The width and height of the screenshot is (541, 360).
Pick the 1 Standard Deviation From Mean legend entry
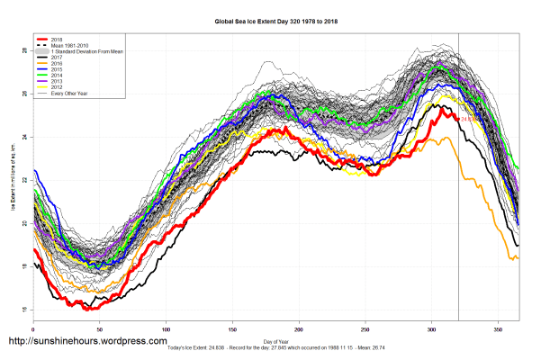coord(82,52)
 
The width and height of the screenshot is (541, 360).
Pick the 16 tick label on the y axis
coord(23,310)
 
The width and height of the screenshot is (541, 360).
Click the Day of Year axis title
coord(275,340)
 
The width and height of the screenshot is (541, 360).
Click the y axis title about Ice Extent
coord(14,180)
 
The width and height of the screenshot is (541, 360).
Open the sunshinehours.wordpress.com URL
coord(87,342)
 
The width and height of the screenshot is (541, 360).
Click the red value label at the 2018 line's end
coord(472,119)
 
